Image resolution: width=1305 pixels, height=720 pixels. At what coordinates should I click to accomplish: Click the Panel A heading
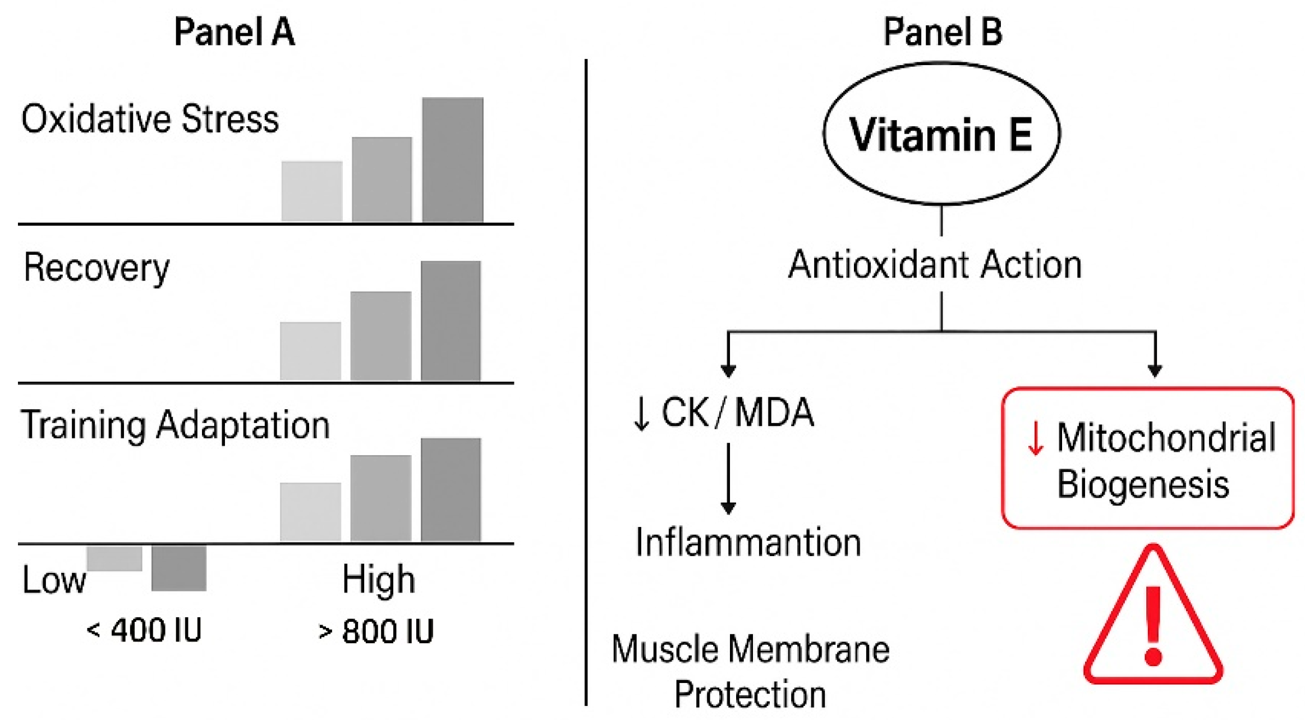pyautogui.click(x=234, y=31)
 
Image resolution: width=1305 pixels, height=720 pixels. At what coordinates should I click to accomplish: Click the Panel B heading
pyautogui.click(x=943, y=31)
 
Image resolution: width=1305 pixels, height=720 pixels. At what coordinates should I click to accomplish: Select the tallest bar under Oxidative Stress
pyautogui.click(x=452, y=160)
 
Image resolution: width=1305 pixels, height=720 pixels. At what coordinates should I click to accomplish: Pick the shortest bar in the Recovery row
pyautogui.click(x=310, y=351)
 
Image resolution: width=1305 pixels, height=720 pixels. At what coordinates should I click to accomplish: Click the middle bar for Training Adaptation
pyautogui.click(x=380, y=498)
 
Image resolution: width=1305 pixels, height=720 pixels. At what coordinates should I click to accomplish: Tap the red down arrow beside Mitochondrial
pyautogui.click(x=1035, y=438)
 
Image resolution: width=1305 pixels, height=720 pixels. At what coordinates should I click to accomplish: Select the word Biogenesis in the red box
pyautogui.click(x=1143, y=483)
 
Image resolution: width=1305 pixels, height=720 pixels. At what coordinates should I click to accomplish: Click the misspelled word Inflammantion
pyautogui.click(x=748, y=543)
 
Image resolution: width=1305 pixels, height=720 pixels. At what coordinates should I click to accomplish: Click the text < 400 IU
pyautogui.click(x=144, y=630)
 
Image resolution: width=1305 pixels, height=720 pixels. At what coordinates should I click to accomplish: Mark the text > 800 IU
pyautogui.click(x=376, y=631)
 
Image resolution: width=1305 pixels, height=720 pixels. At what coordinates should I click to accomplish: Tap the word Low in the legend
pyautogui.click(x=54, y=580)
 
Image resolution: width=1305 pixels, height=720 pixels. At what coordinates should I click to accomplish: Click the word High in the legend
pyautogui.click(x=379, y=579)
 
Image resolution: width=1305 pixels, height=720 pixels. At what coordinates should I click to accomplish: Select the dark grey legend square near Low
pyautogui.click(x=178, y=568)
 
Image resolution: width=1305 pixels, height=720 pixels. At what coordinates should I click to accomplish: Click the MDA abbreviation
pyautogui.click(x=774, y=412)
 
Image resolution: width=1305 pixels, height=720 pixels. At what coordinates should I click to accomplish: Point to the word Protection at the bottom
pyautogui.click(x=750, y=694)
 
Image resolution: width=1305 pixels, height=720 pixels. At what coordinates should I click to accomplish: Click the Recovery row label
pyautogui.click(x=96, y=268)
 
